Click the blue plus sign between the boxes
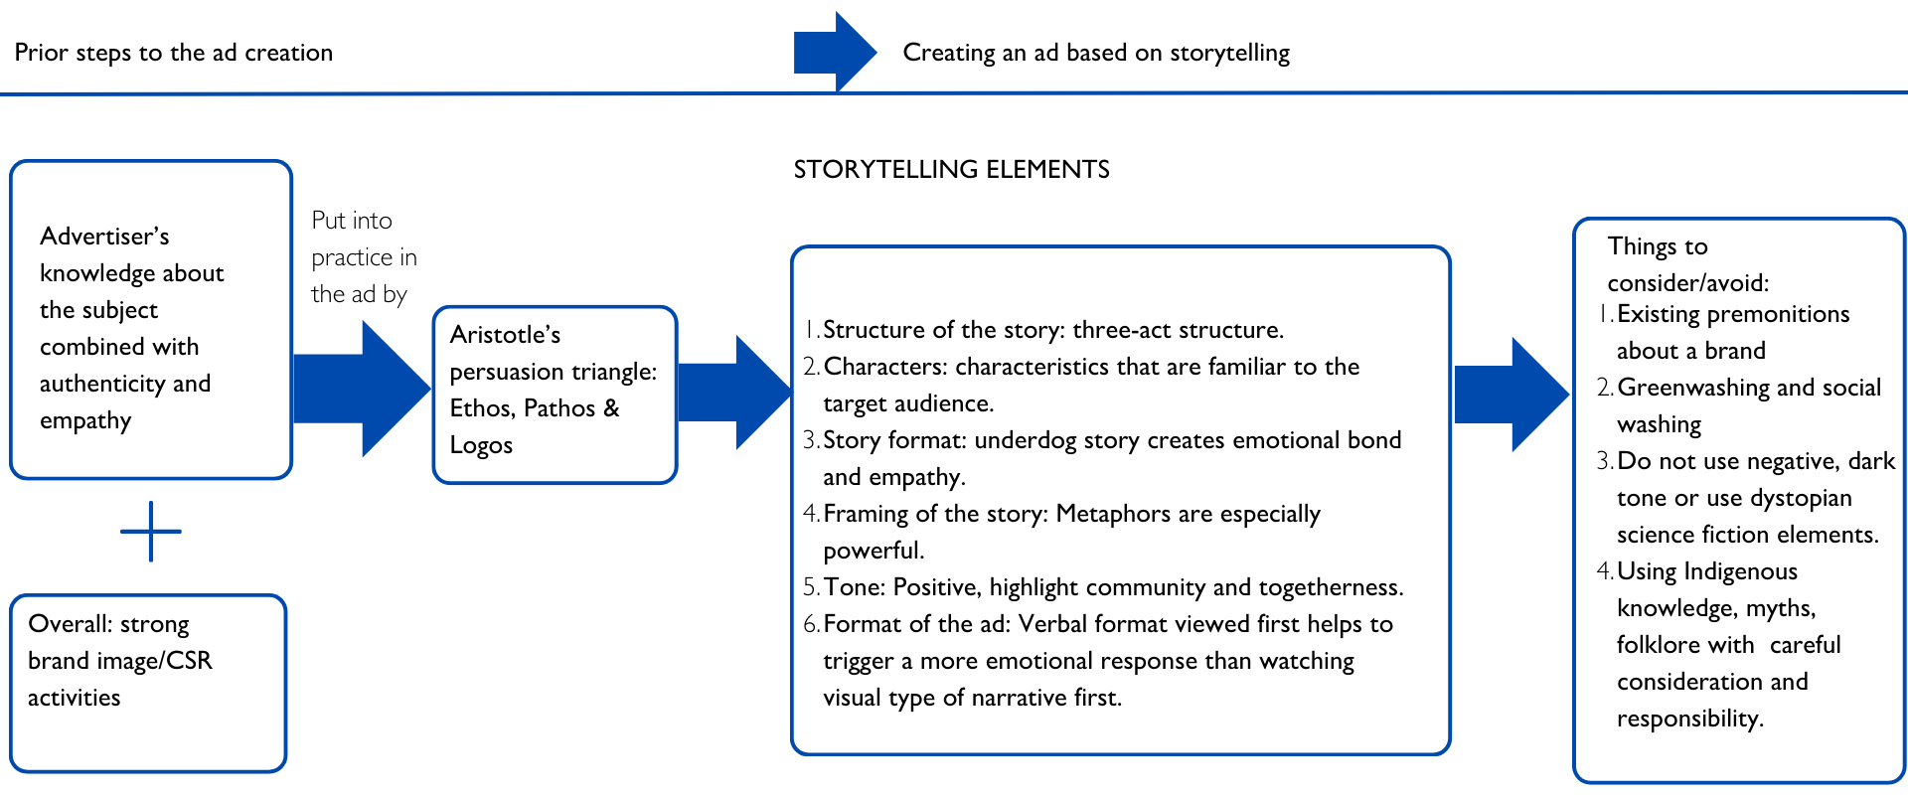[x=151, y=532]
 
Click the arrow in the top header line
[x=834, y=52]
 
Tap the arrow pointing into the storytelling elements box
[x=734, y=393]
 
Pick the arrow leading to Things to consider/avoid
[x=1510, y=395]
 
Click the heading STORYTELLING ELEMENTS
[x=951, y=170]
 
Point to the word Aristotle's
[x=505, y=335]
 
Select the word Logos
[x=481, y=445]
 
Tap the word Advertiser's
[x=104, y=237]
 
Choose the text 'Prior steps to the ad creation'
[x=174, y=53]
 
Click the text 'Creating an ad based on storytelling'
[x=1096, y=53]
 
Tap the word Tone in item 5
[x=853, y=587]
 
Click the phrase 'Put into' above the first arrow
[x=352, y=221]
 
